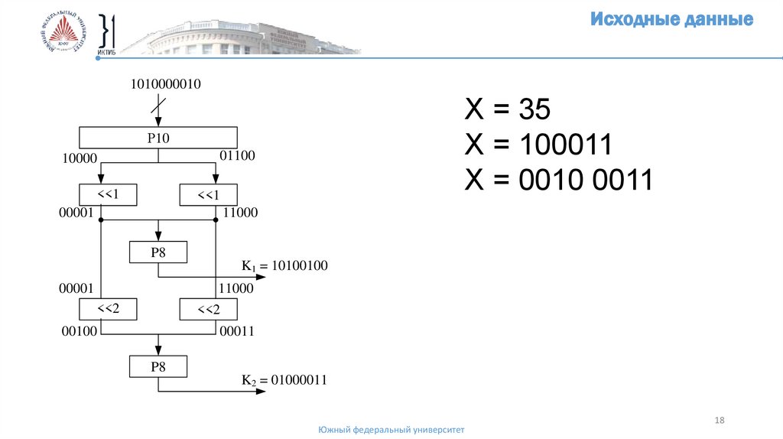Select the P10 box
point(158,138)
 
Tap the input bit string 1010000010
point(166,85)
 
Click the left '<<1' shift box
point(108,195)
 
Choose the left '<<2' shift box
point(108,309)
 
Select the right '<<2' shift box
point(209,310)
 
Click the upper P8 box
point(158,252)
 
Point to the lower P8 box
point(158,367)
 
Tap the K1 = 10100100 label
point(284,266)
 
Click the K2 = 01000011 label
point(284,379)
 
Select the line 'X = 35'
point(508,110)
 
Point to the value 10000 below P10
point(78,158)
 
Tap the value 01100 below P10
point(237,156)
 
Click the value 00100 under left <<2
point(76,331)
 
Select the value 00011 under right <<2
point(236,331)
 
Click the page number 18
point(720,420)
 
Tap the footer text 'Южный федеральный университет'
point(391,430)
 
